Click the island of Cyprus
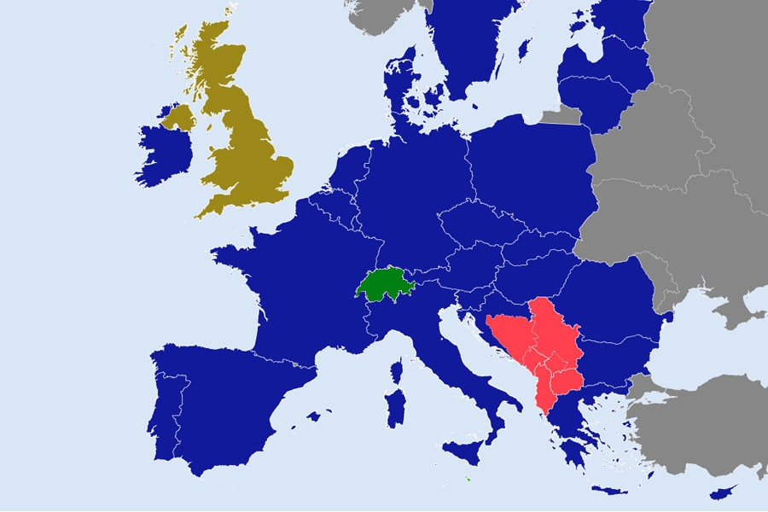(722, 492)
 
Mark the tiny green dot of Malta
(468, 478)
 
